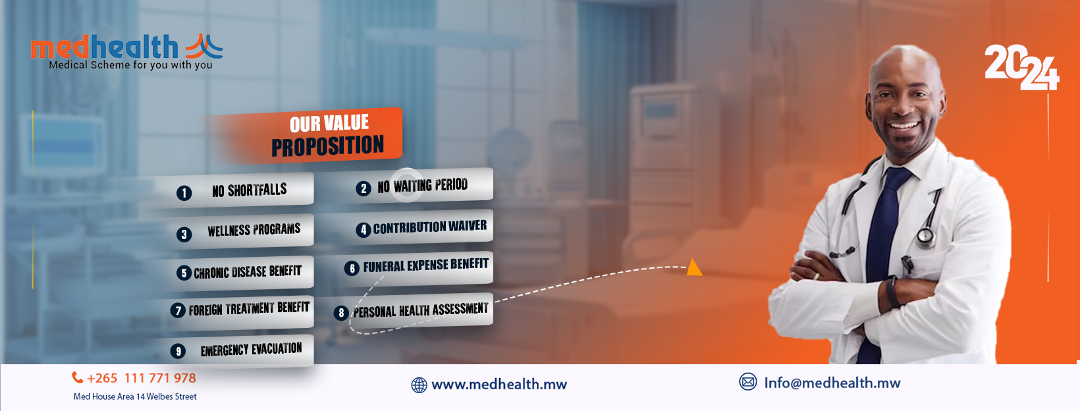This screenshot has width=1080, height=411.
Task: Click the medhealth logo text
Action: pyautogui.click(x=105, y=47)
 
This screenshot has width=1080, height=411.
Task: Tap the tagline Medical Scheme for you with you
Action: pyautogui.click(x=130, y=65)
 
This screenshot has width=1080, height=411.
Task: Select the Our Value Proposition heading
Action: pyautogui.click(x=328, y=135)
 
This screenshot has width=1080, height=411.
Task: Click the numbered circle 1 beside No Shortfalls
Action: pyautogui.click(x=184, y=193)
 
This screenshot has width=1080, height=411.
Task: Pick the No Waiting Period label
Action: pyautogui.click(x=422, y=186)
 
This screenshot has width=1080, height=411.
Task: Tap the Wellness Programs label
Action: pyautogui.click(x=254, y=230)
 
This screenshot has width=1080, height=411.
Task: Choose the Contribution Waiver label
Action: pyautogui.click(x=429, y=227)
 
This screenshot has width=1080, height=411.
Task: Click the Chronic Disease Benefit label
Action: pyautogui.click(x=247, y=271)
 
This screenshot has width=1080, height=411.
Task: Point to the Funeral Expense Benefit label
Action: pyautogui.click(x=425, y=265)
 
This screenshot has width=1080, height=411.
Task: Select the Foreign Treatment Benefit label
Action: pyautogui.click(x=248, y=308)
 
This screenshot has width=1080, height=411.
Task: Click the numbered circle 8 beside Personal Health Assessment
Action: pyautogui.click(x=341, y=313)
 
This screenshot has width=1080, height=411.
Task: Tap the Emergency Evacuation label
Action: pyautogui.click(x=251, y=349)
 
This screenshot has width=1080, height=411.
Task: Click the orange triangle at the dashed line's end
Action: pyautogui.click(x=694, y=267)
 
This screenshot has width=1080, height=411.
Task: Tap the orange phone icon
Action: pyautogui.click(x=78, y=377)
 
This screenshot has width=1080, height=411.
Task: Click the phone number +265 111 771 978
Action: pyautogui.click(x=142, y=378)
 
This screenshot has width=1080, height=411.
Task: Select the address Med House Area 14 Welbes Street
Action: pyautogui.click(x=135, y=397)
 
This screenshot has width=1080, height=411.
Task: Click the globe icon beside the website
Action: pyautogui.click(x=419, y=385)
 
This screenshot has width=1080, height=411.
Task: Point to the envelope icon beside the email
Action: pyautogui.click(x=748, y=382)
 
